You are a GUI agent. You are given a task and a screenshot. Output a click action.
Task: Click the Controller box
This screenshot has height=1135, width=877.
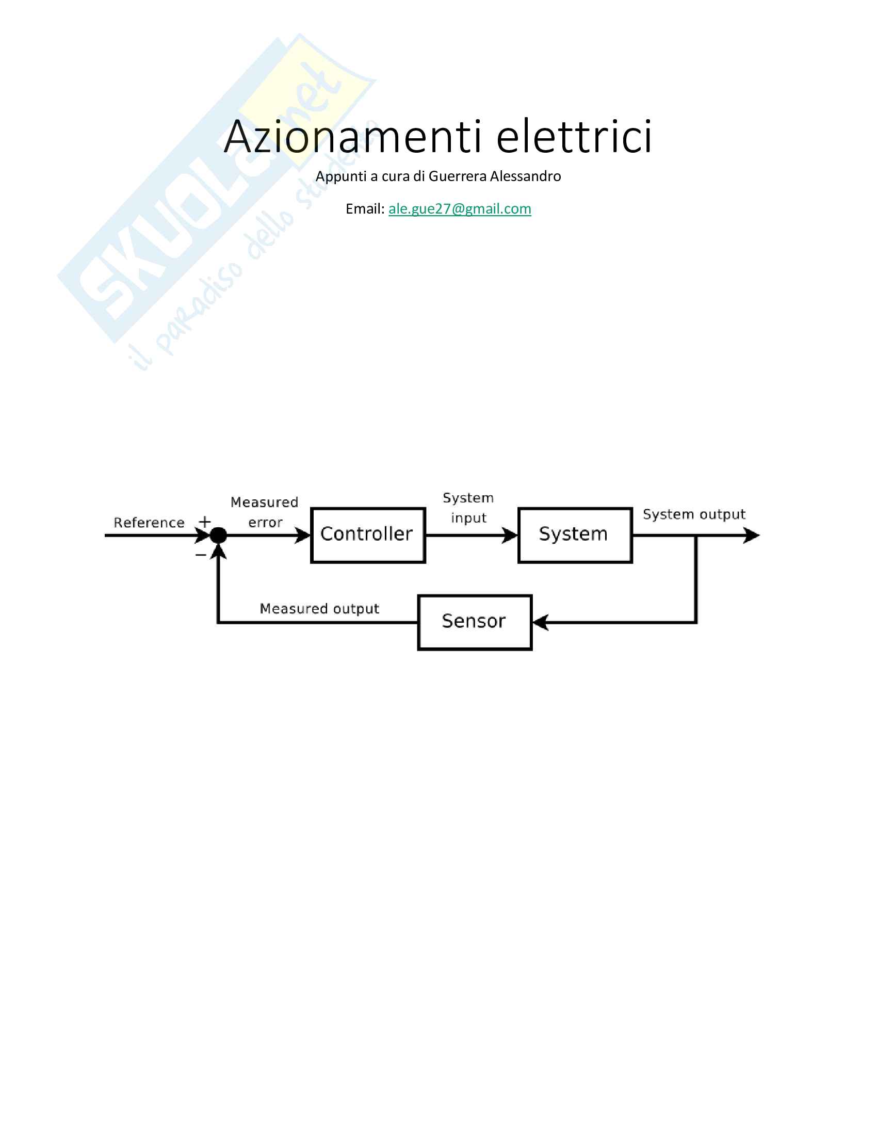368,535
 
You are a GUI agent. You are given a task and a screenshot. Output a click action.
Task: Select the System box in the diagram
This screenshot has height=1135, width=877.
575,535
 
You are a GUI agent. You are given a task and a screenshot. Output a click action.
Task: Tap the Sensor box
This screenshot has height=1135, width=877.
475,622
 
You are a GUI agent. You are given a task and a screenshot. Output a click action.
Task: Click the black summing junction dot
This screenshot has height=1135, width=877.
219,535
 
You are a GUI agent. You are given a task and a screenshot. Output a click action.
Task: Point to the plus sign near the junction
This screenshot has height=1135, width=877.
205,521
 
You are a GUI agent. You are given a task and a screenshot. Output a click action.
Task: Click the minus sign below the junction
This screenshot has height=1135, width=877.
201,555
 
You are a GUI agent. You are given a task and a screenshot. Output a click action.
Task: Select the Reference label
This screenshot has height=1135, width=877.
149,522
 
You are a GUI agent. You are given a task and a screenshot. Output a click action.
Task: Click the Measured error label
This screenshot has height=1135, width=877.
265,512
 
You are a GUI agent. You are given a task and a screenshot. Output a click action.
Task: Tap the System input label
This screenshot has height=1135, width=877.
468,508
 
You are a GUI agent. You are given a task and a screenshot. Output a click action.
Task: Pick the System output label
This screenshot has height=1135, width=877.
694,514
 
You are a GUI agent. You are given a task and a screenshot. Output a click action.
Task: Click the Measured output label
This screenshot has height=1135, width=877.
319,609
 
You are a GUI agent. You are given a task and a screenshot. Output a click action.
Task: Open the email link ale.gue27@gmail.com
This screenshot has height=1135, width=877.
460,208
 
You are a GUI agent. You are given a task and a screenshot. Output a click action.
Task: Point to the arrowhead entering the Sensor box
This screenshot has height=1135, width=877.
541,622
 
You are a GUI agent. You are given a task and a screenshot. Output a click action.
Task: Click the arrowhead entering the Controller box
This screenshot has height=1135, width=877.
302,535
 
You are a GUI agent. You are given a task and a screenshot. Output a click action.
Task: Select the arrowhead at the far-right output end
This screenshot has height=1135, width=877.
751,535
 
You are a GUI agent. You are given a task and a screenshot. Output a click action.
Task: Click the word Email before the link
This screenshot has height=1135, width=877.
365,208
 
